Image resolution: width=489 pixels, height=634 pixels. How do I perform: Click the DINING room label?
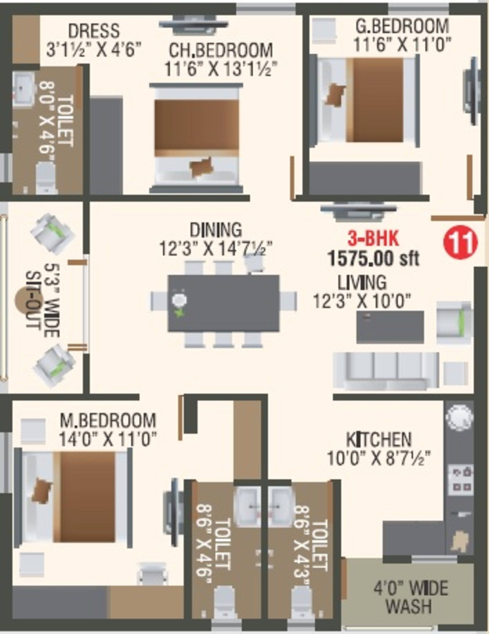tap(216, 230)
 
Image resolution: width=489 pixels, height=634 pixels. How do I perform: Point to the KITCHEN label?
tap(379, 440)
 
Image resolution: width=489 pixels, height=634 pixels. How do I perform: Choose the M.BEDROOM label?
tap(108, 420)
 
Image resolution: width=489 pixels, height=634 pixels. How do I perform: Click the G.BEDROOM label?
tap(402, 26)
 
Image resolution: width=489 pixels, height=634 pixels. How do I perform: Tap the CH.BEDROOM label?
tap(221, 50)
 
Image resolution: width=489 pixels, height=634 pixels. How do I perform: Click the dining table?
tap(223, 303)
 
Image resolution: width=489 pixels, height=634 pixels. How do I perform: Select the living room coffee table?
tap(390, 327)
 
